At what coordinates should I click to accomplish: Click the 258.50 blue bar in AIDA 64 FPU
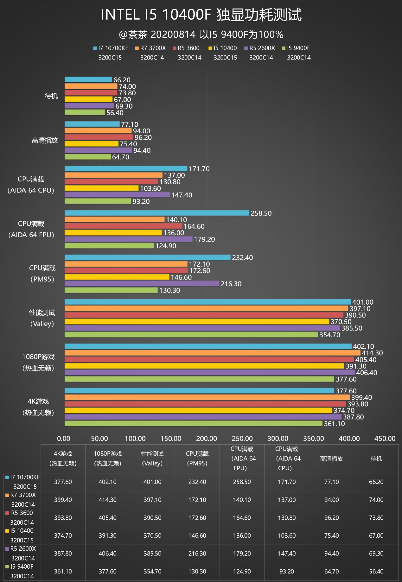coord(157,213)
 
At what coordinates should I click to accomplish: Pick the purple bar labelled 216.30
coord(142,283)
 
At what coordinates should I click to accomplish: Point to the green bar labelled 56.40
coord(85,112)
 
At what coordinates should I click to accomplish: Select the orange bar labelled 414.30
coord(212,353)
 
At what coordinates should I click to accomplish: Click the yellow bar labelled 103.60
coord(101,188)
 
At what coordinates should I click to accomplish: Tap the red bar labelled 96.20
coord(99,137)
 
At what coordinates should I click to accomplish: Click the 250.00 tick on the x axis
coord(242,439)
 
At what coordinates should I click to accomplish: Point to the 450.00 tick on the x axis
coord(385,439)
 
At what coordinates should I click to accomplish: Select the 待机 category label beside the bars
coord(51,96)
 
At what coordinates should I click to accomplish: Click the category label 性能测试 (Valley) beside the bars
coord(42,318)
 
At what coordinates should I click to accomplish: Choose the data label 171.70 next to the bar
coord(199,169)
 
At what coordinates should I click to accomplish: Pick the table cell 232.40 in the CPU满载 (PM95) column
coord(197,482)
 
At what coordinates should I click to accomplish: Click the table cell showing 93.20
coord(287,572)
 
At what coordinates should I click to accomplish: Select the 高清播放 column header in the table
coord(331,459)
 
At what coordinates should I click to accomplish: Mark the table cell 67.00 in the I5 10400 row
coord(376,536)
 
